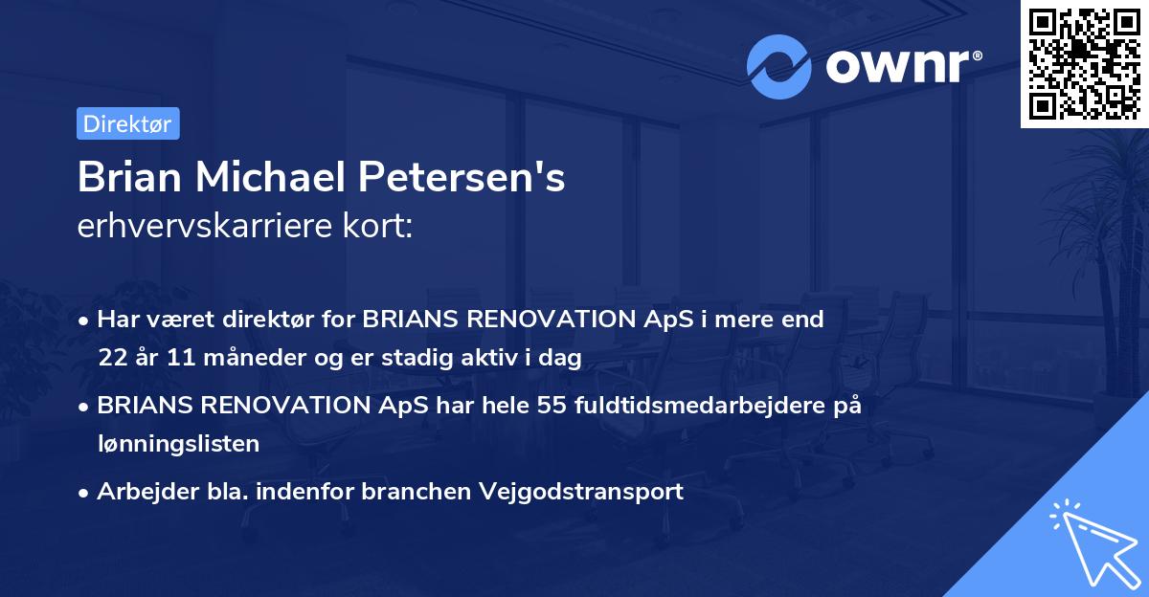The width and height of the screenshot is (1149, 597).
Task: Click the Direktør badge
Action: pos(127,123)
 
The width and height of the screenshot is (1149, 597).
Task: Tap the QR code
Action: pos(1084,64)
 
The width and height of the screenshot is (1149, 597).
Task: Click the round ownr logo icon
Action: pos(779,66)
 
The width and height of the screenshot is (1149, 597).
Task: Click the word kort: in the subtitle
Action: pos(380,227)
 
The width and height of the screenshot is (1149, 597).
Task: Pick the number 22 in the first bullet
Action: pos(112,358)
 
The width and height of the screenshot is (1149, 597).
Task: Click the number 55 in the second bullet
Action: pos(551,406)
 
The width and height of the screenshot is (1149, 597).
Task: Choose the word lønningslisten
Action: pos(178,443)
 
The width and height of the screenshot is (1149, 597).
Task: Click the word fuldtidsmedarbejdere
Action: pos(690,406)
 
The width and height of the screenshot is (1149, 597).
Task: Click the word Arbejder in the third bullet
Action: pos(139,492)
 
